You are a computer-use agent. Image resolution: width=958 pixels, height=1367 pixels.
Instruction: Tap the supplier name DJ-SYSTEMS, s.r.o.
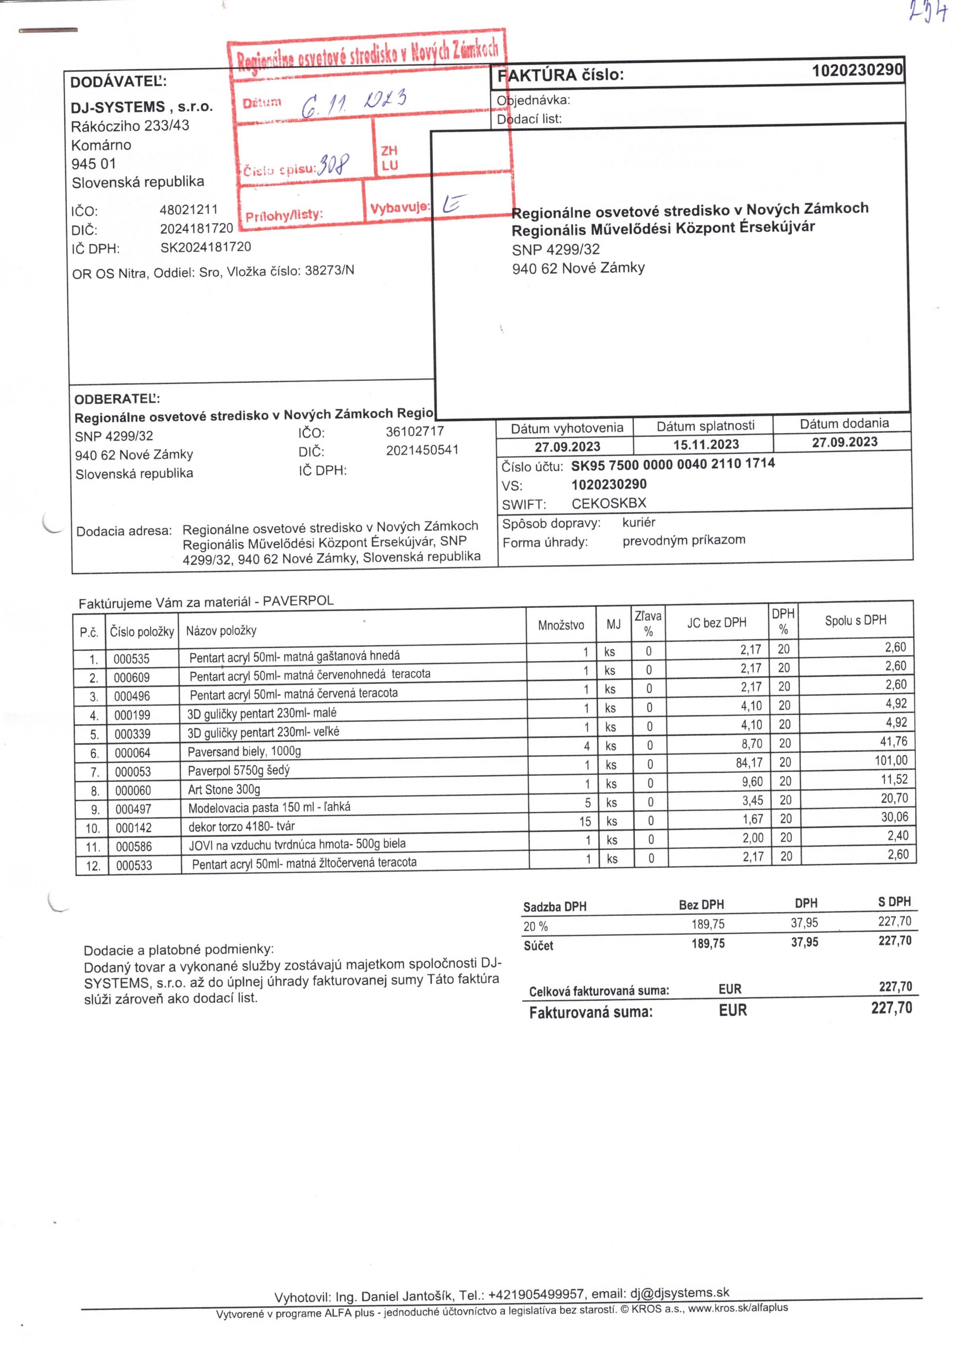point(142,107)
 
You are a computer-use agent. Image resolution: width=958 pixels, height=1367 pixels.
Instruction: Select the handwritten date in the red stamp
point(354,103)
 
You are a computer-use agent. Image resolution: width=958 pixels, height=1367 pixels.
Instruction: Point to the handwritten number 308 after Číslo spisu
point(333,163)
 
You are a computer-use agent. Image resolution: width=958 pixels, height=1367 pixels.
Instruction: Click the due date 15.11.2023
point(706,445)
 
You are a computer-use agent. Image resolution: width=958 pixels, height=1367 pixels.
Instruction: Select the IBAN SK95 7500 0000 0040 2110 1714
point(673,464)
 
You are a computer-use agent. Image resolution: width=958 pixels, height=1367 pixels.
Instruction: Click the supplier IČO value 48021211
point(189,210)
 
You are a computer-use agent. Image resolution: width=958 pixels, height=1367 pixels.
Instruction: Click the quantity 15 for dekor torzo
point(585,822)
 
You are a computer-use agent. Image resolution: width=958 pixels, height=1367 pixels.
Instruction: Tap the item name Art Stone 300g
point(224,789)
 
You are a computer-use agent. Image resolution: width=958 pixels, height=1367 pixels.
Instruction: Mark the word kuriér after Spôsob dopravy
point(639,522)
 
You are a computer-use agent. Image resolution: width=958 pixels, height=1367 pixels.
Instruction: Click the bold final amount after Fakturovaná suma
point(891,1008)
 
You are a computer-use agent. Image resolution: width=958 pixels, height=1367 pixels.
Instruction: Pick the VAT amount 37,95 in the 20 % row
point(804,923)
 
